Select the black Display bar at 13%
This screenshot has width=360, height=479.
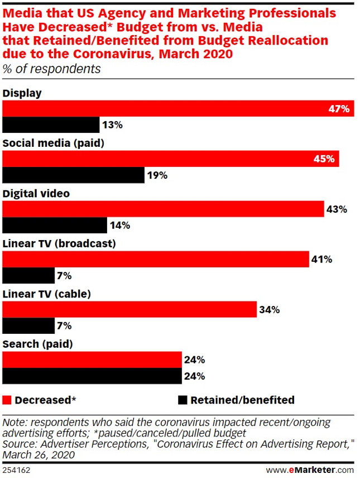click(x=51, y=125)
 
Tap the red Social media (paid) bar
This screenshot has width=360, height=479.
click(x=171, y=159)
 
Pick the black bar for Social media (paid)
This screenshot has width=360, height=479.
click(x=74, y=175)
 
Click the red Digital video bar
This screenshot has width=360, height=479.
click(x=164, y=209)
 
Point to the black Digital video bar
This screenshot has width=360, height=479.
click(x=55, y=226)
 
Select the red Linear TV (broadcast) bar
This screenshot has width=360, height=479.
click(x=156, y=259)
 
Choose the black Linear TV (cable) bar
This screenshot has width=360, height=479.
click(x=29, y=325)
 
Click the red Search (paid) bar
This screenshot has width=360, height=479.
click(x=93, y=360)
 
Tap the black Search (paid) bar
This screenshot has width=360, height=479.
click(x=93, y=376)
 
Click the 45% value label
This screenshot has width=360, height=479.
click(x=324, y=159)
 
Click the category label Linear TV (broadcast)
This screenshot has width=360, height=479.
click(x=59, y=243)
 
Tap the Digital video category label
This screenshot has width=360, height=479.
click(x=36, y=193)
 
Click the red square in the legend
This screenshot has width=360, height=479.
click(x=7, y=400)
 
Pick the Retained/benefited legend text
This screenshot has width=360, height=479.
click(x=242, y=400)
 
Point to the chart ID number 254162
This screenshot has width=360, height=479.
click(x=17, y=470)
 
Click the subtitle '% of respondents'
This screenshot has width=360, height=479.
click(x=52, y=69)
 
